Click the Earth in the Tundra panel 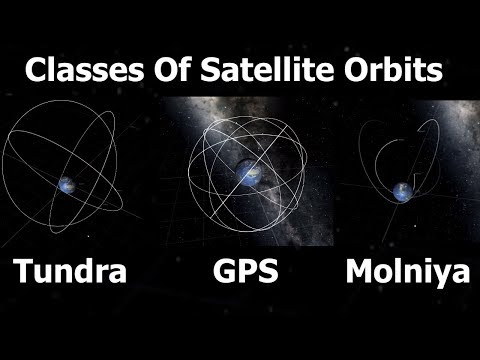[x=68, y=184]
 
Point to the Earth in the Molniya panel [x=403, y=190]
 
